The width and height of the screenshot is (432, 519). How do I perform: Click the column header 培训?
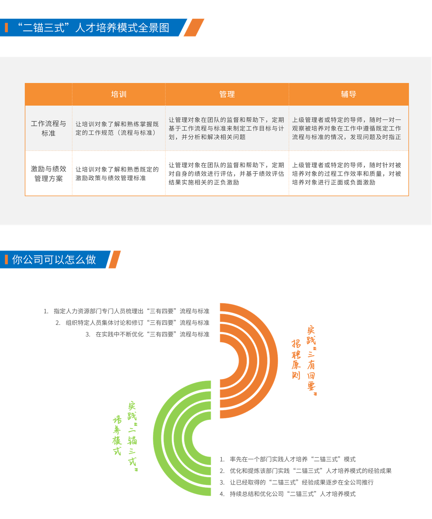point(119,94)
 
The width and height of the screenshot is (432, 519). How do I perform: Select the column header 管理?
point(227,94)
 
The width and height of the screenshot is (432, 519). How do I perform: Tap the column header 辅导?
point(348,94)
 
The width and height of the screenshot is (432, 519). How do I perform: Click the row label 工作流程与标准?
point(48,128)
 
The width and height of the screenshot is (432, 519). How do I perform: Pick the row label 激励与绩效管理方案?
point(48,174)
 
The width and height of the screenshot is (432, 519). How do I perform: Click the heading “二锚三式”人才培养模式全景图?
point(93,27)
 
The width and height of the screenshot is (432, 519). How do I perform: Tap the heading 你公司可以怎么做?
point(54,259)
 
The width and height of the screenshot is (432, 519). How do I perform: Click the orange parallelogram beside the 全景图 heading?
point(194,27)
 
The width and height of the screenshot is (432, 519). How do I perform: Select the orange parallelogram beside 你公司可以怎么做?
point(115,259)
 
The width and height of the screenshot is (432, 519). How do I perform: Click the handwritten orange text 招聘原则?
point(296,359)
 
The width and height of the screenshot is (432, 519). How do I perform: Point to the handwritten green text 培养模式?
point(117,435)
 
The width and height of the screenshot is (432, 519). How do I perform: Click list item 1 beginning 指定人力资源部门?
point(126,311)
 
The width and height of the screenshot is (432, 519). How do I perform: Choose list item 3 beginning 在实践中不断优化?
point(147,334)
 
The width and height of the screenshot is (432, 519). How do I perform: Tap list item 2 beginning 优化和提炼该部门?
point(306,471)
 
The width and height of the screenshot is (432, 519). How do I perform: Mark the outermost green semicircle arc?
point(157,438)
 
